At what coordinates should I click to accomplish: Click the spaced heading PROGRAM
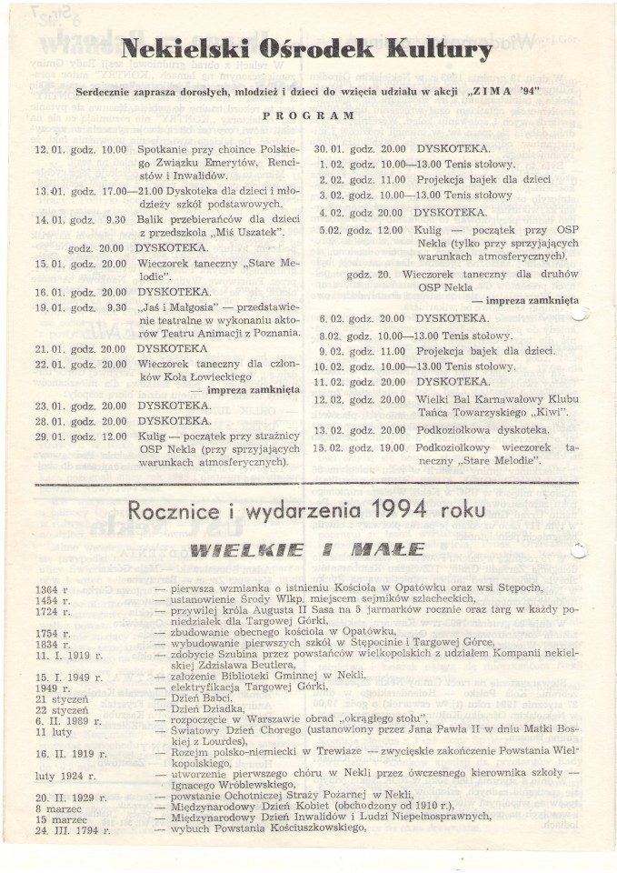pyautogui.click(x=308, y=116)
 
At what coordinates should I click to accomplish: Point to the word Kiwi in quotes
pyautogui.click(x=547, y=414)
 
